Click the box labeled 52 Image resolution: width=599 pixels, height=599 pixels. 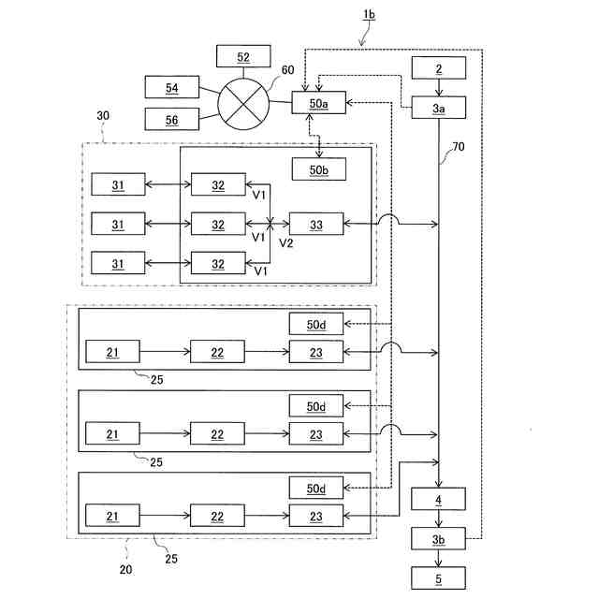point(243,56)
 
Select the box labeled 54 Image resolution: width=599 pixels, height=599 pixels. point(172,87)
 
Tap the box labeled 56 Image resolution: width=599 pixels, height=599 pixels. point(172,119)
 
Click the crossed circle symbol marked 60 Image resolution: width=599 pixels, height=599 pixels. point(243,104)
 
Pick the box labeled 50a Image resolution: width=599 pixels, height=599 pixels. point(318,102)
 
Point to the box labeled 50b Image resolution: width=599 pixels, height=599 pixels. point(319,169)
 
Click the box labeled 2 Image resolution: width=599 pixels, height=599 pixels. point(439,68)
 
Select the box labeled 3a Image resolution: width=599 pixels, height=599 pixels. point(439,108)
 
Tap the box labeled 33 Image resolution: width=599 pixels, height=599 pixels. point(316,224)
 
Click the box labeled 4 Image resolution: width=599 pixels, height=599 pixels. point(438,499)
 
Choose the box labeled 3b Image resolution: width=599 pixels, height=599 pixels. point(438,539)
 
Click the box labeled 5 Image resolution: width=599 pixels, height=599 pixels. point(438,578)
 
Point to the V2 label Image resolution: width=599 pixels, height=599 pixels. point(286,243)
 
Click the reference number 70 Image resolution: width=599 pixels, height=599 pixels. point(459,147)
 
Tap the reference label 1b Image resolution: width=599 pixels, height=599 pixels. point(369,15)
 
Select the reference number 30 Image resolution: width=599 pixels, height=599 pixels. point(103,115)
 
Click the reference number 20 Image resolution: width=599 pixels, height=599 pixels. point(125,570)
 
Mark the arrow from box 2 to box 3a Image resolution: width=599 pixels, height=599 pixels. point(439,88)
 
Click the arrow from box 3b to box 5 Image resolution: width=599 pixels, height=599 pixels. point(439,559)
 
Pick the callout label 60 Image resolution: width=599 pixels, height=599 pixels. point(287,70)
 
